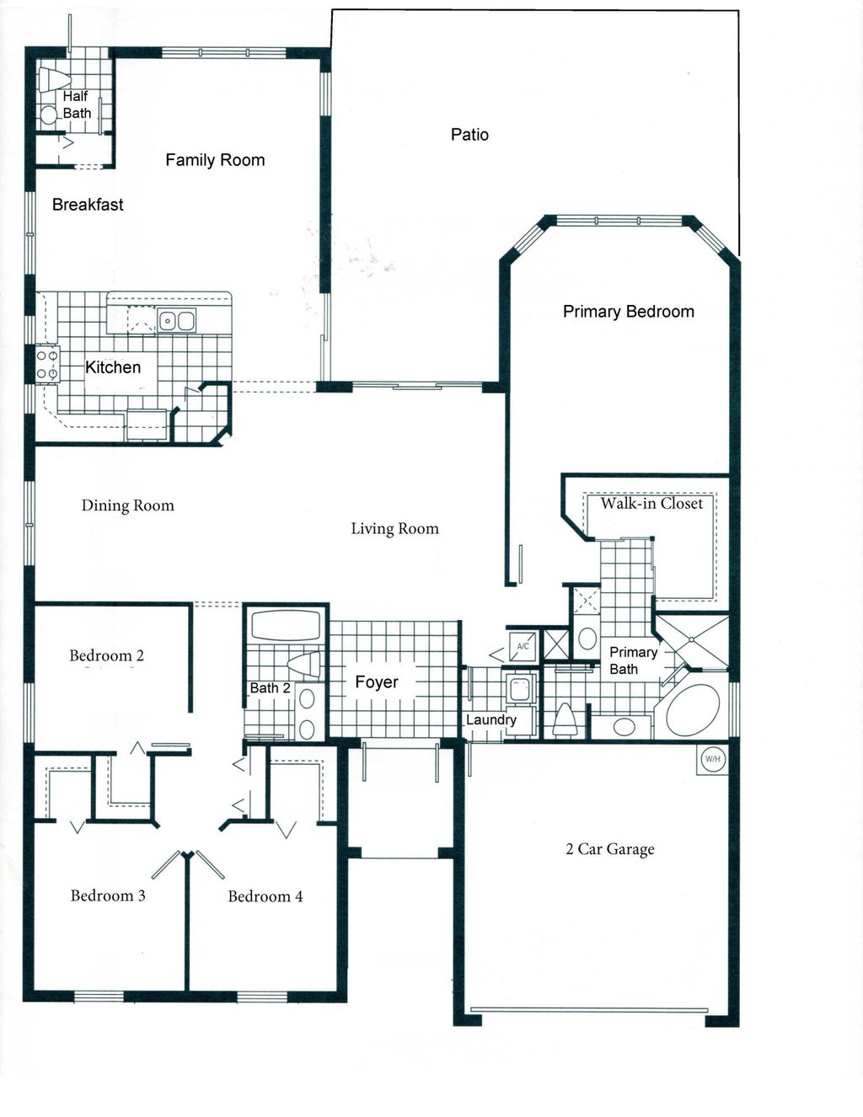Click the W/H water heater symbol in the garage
[712, 759]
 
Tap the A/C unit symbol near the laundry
[523, 646]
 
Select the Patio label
[469, 135]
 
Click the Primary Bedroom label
[628, 312]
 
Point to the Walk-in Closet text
[651, 504]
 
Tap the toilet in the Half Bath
[53, 80]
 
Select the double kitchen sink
[177, 321]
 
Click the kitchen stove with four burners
[47, 364]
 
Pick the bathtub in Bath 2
[286, 626]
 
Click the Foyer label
[376, 682]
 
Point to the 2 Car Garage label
[609, 849]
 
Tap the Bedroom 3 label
[108, 895]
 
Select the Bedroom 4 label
[265, 896]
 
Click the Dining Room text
[127, 505]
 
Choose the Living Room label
[394, 529]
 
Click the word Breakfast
[88, 205]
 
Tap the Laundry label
[490, 719]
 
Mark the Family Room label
[215, 160]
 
